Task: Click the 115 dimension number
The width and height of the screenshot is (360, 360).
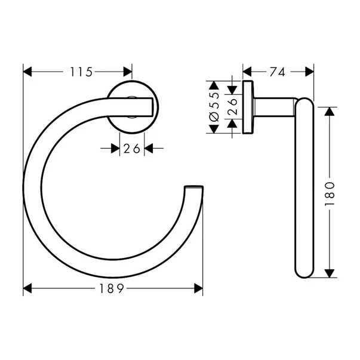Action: click(81, 72)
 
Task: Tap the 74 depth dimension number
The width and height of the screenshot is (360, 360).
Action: click(276, 72)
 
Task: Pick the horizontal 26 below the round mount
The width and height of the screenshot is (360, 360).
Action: click(132, 149)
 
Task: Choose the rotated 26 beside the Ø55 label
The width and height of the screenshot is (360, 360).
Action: click(233, 109)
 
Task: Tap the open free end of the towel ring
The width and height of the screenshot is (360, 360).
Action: click(194, 189)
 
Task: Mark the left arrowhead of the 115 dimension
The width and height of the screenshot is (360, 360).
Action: click(27, 72)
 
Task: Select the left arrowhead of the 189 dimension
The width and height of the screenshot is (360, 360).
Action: click(27, 289)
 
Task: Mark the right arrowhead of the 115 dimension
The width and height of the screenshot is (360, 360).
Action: click(128, 72)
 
